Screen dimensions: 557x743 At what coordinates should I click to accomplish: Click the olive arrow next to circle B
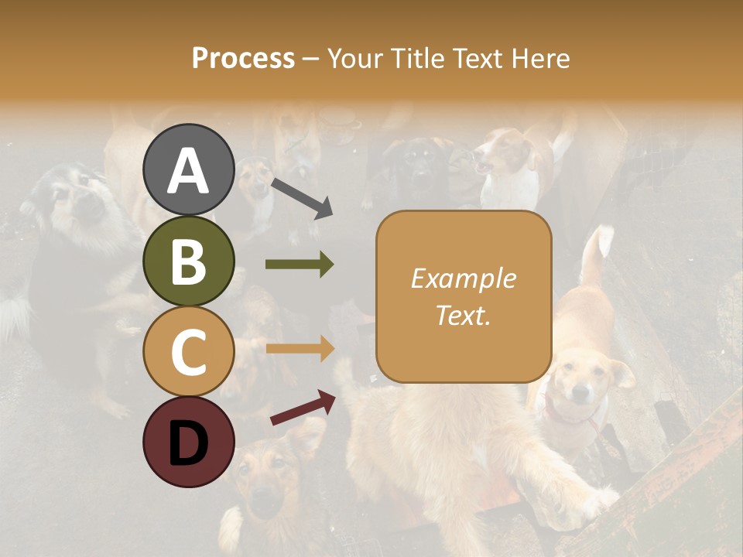click(x=300, y=265)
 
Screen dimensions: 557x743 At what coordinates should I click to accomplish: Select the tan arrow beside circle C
click(x=300, y=348)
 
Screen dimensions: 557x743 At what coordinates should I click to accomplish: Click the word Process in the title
click(x=243, y=59)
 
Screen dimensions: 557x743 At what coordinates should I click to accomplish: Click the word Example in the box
click(x=463, y=278)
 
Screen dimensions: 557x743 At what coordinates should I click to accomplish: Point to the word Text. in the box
click(x=463, y=315)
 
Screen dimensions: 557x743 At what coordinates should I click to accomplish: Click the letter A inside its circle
click(x=188, y=171)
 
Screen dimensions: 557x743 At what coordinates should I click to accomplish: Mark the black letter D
click(x=188, y=443)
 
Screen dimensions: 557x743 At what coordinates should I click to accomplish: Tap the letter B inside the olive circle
click(x=188, y=261)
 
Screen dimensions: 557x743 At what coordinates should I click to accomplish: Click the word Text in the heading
click(x=476, y=59)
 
